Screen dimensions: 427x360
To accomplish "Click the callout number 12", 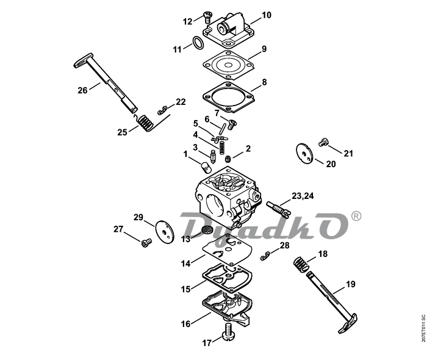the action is [187, 21].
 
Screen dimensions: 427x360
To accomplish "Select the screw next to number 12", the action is [208, 17].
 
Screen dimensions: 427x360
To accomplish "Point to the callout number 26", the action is [82, 90].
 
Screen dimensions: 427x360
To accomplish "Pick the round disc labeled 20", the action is [304, 153].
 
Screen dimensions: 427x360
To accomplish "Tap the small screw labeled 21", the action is [323, 142].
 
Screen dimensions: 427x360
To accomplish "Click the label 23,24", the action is [303, 196].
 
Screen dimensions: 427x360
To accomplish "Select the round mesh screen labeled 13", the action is [207, 229].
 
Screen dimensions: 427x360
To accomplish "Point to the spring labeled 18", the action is [301, 264].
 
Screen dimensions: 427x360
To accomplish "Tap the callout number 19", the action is [351, 284].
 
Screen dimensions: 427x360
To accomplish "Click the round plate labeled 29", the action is [165, 232].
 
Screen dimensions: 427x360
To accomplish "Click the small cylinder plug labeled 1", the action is [207, 167].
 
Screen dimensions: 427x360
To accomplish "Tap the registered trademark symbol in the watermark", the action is [356, 216].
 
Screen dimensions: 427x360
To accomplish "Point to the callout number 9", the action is [264, 49].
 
